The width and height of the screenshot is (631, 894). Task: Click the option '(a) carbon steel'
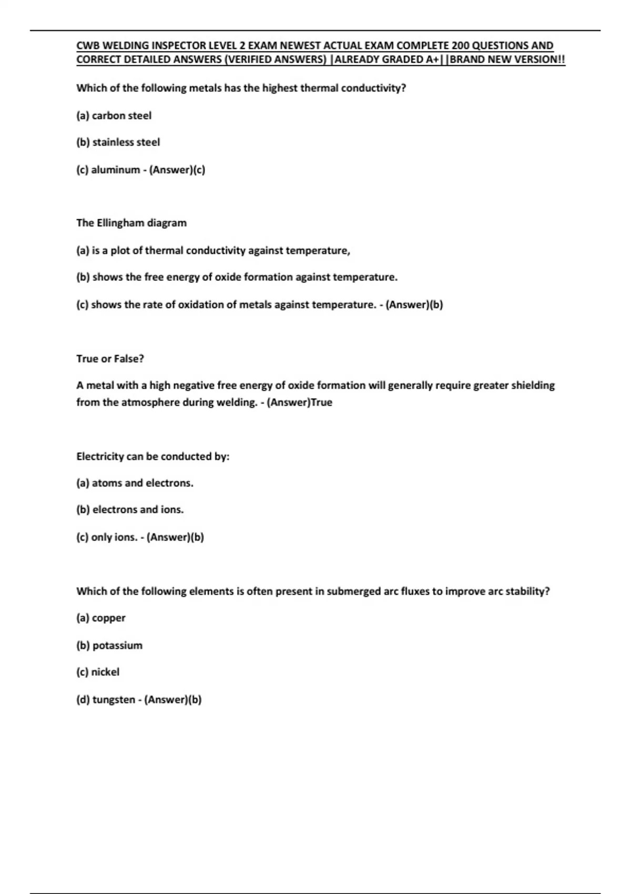pyautogui.click(x=114, y=116)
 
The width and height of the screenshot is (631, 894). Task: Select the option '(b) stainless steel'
pyautogui.click(x=118, y=143)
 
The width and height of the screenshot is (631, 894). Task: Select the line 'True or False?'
pyautogui.click(x=110, y=359)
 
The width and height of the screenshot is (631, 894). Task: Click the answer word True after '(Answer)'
pyautogui.click(x=321, y=403)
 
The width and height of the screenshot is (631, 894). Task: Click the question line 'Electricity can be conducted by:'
pyautogui.click(x=152, y=456)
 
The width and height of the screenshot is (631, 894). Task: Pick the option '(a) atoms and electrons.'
pyautogui.click(x=135, y=483)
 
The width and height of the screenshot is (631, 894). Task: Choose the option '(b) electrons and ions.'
pyautogui.click(x=130, y=510)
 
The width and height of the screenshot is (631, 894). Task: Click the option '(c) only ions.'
pyautogui.click(x=107, y=537)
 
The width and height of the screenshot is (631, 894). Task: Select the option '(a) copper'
pyautogui.click(x=101, y=618)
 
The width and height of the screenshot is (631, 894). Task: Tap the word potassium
pyautogui.click(x=117, y=646)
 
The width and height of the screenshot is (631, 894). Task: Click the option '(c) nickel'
pyautogui.click(x=98, y=672)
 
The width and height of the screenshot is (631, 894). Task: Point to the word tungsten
pyautogui.click(x=114, y=700)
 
